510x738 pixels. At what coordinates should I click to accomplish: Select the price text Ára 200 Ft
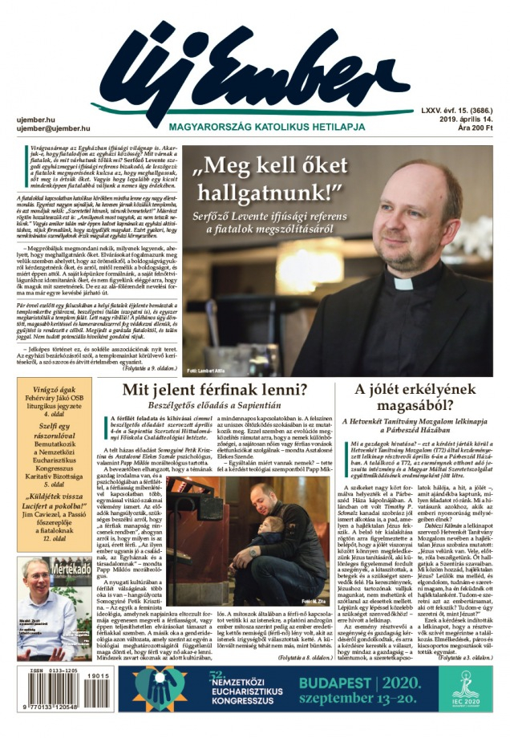point(474,128)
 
